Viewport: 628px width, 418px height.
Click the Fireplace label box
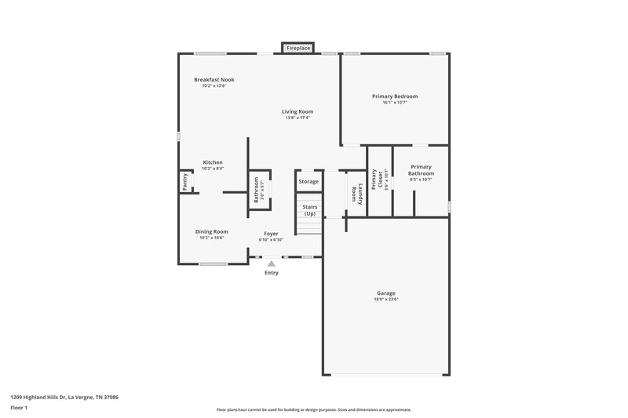[298, 49]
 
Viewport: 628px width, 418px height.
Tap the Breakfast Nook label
[214, 80]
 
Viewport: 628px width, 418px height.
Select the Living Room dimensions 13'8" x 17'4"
[298, 118]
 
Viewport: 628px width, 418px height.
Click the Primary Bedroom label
[394, 96]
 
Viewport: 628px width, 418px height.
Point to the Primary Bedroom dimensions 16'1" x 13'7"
[394, 103]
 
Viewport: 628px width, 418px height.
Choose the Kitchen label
[213, 162]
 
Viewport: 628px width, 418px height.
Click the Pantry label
[185, 181]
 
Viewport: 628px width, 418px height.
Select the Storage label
[309, 182]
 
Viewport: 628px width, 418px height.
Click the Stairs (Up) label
[309, 210]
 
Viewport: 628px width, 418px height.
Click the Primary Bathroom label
[421, 170]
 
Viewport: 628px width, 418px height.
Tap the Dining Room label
[212, 231]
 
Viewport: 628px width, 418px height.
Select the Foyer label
[271, 233]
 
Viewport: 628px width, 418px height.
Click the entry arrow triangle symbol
[272, 264]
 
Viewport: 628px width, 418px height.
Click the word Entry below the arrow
[272, 273]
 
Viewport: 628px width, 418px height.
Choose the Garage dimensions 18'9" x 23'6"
[386, 300]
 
